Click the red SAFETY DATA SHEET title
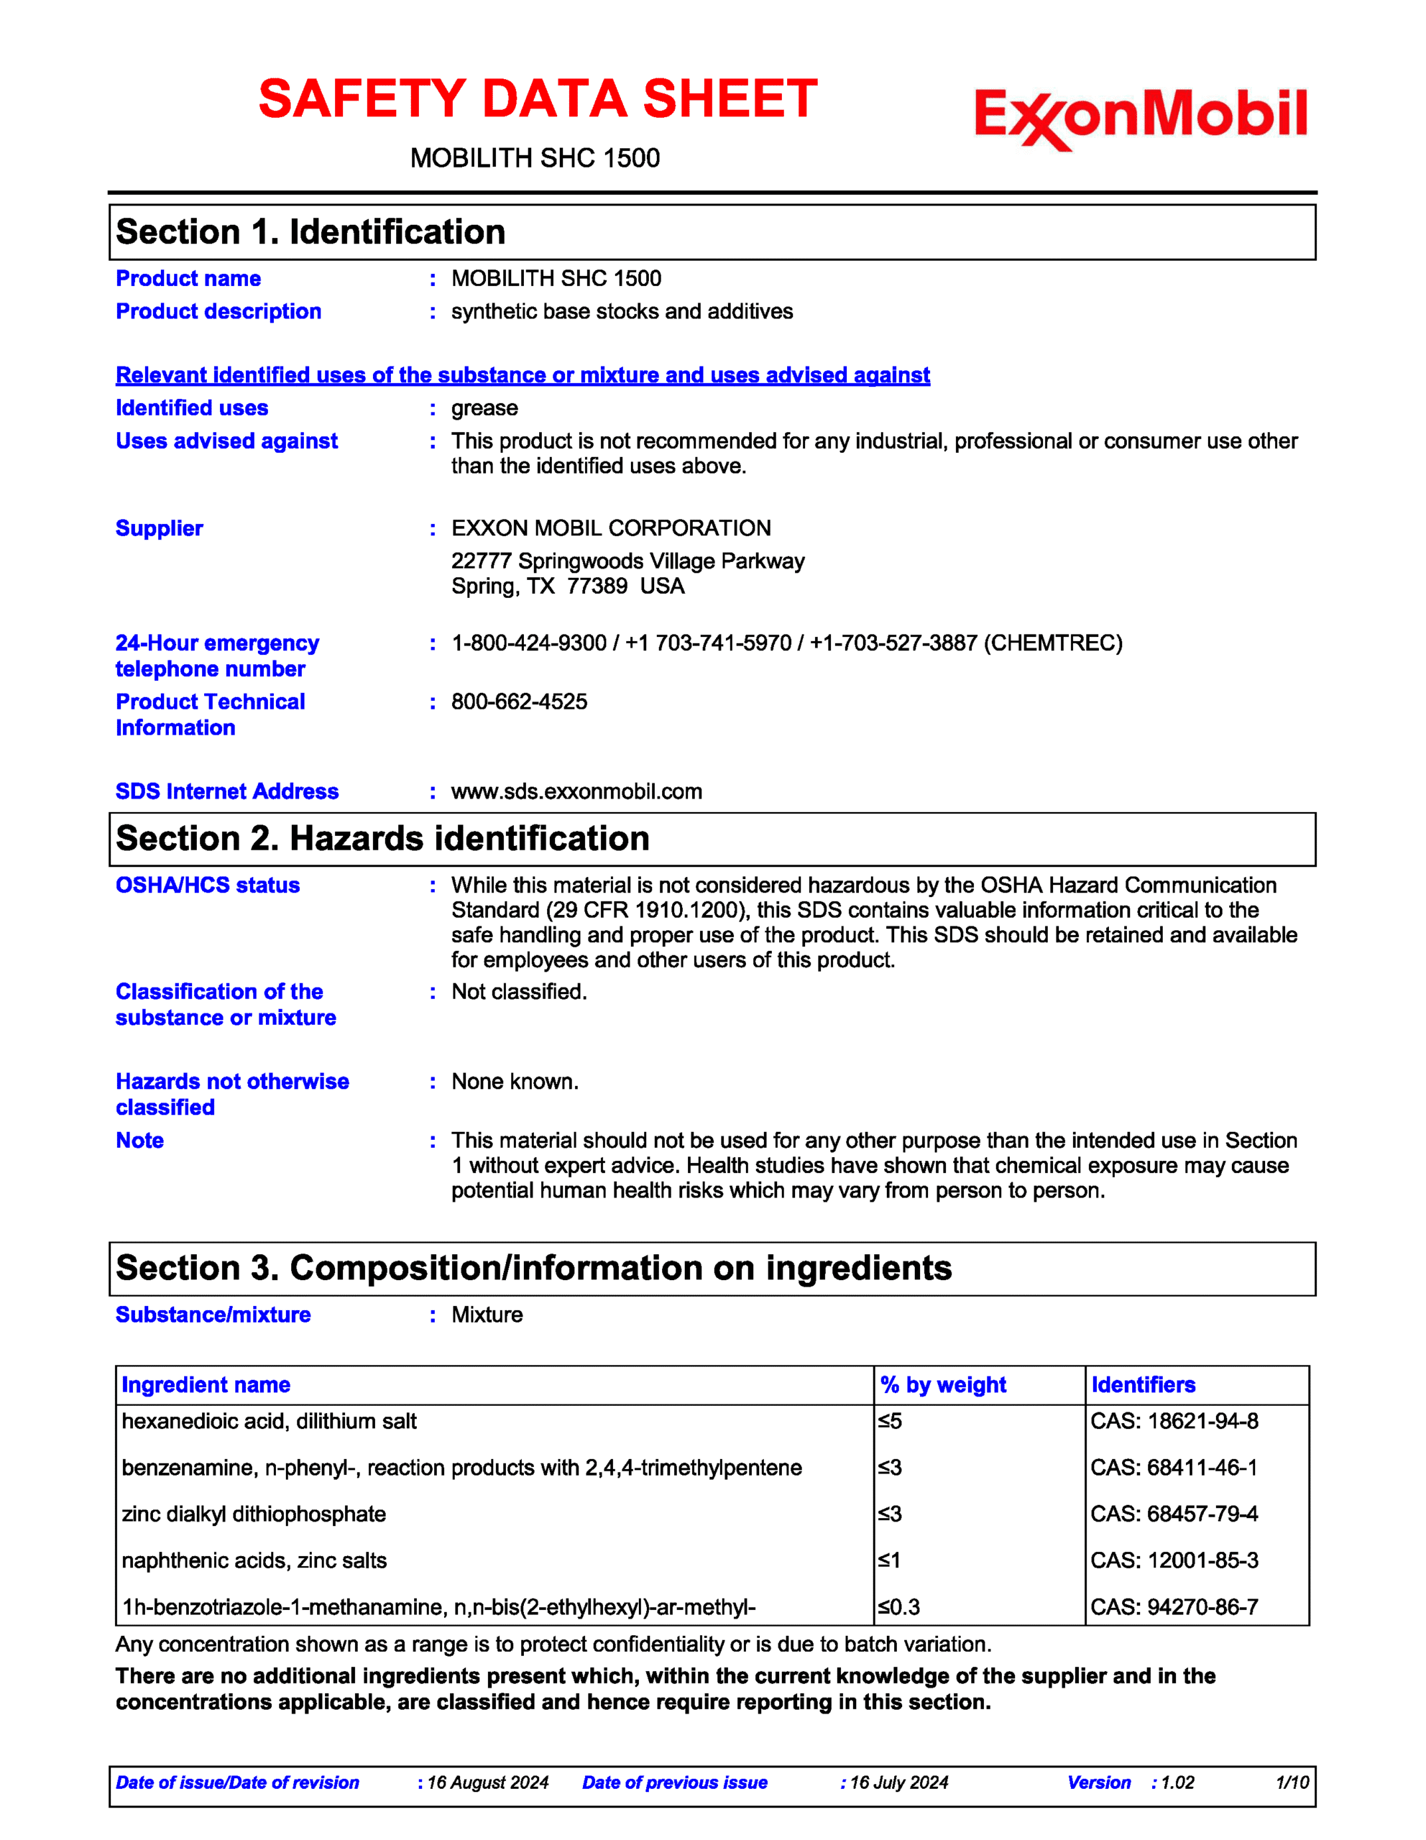[538, 98]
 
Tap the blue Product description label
[218, 312]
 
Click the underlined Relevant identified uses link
[523, 375]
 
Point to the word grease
[484, 408]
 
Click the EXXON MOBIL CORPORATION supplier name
[611, 528]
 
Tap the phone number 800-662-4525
[519, 701]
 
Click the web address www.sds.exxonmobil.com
[576, 792]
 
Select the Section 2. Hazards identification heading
[382, 839]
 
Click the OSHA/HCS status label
[207, 885]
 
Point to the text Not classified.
[519, 993]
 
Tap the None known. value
[515, 1082]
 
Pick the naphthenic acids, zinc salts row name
[254, 1561]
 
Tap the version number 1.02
[1177, 1782]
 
